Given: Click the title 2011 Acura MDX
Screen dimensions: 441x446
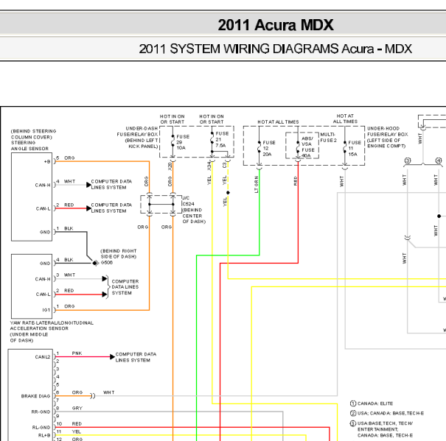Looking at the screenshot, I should coord(275,24).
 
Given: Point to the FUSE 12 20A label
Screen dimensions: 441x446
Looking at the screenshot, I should coord(268,148).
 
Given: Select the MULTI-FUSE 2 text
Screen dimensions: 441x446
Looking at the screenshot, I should coord(328,138).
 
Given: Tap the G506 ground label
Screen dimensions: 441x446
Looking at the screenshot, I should coord(107,262).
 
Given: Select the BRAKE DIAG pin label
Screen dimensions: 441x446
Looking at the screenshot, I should coord(36,396).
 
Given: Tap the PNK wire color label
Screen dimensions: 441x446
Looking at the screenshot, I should coord(77,353).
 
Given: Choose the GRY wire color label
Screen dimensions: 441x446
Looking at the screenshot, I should coord(77,407).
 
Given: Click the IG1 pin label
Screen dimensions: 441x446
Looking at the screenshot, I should coord(45,310).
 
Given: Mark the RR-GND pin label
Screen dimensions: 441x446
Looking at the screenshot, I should coord(40,412).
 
